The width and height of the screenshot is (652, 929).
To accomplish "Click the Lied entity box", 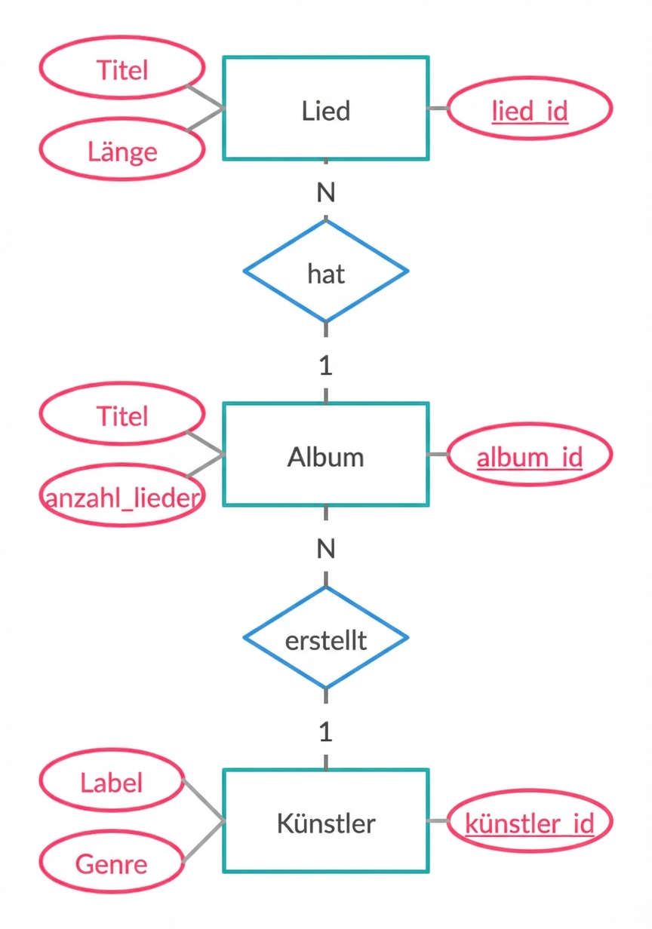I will (x=326, y=109).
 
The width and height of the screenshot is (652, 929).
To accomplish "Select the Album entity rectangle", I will (x=326, y=455).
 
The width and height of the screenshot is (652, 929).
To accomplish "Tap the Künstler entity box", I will (x=326, y=821).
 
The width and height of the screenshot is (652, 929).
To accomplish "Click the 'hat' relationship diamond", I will (x=326, y=271).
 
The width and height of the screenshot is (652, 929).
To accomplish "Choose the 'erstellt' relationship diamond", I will (x=326, y=639).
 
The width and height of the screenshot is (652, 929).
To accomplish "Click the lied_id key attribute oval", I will (x=530, y=109).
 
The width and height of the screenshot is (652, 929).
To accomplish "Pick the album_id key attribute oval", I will (x=530, y=455).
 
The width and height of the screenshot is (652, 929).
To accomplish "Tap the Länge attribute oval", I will (x=121, y=151).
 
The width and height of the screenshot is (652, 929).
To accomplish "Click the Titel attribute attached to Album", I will (x=121, y=415).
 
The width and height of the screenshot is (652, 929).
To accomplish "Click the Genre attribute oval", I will (x=112, y=863).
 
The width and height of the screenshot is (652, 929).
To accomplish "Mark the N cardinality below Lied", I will (x=325, y=193).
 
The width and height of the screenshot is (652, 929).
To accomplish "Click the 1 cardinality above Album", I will (x=325, y=366).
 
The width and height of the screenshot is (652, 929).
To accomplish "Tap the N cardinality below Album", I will (x=325, y=549).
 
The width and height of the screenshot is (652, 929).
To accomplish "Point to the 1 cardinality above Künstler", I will (x=325, y=732).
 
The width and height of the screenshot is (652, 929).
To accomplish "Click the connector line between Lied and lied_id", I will (x=438, y=109).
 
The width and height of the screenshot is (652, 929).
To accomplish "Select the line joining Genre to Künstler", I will (x=203, y=842).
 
